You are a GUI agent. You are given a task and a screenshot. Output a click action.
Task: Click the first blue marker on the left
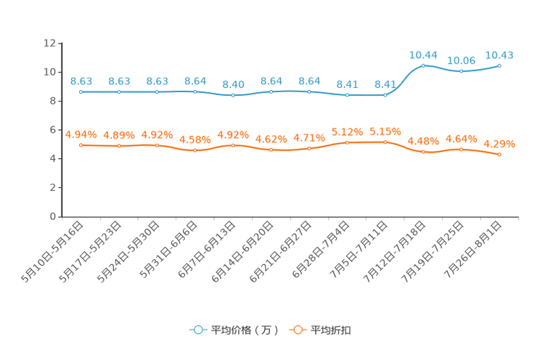coord(81,92)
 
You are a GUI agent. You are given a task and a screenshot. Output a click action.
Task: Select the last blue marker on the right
coord(499,66)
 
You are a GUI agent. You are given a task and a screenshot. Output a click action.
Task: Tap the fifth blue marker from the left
coord(233,96)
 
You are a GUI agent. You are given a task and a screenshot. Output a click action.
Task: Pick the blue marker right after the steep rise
coord(423,65)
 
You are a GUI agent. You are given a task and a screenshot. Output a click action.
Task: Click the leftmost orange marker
coord(81,145)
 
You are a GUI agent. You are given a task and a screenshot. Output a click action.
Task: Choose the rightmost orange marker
coord(499,154)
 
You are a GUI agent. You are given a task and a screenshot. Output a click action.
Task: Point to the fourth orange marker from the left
coord(195,150)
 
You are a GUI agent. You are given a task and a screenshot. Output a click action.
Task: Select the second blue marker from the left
coord(119,92)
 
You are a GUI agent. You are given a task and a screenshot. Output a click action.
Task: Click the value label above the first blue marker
coord(81,81)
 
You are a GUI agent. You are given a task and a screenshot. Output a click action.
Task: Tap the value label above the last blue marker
coord(499,54)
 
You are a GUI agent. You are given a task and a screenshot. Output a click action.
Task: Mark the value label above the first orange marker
coord(81,134)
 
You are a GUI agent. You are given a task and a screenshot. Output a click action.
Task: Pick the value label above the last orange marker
coord(499,143)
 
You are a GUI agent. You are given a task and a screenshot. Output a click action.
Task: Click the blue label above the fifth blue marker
coord(233,84)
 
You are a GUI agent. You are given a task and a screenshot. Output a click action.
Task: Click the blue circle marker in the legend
coord(197,330)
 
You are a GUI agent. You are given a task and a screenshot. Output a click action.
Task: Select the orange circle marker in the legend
coord(297,330)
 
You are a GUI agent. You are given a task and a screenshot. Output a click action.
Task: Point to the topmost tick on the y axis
coord(60,43)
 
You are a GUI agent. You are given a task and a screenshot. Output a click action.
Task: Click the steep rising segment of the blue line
coord(404,80)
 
